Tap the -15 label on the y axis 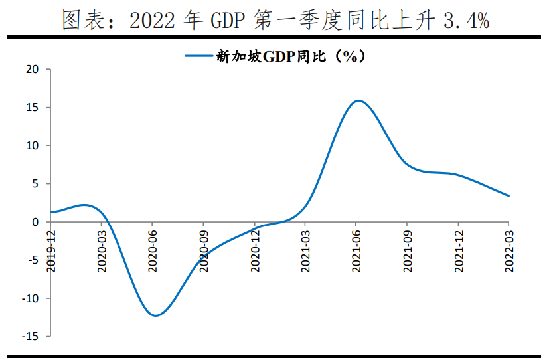31,337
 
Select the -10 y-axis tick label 31,298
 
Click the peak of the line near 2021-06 358,101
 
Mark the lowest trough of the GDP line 155,315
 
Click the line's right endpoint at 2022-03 509,196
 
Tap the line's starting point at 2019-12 50,212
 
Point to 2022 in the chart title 149,21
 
